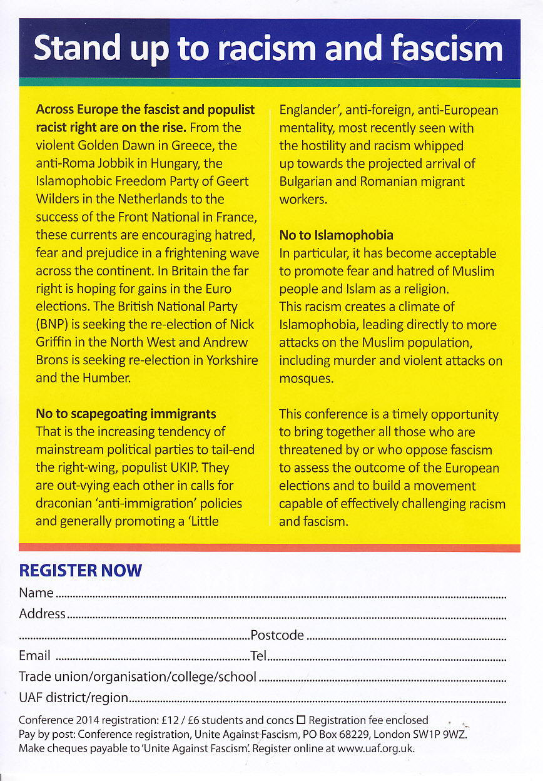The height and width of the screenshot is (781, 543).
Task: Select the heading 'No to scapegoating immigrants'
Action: [x=126, y=414]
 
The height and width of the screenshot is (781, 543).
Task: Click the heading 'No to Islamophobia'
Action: [x=336, y=235]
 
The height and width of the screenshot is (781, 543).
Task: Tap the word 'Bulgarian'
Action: [x=309, y=182]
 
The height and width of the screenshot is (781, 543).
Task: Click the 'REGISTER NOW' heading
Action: [x=81, y=570]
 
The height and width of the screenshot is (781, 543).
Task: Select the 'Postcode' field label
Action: [x=277, y=635]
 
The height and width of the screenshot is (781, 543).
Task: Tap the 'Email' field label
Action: [x=34, y=655]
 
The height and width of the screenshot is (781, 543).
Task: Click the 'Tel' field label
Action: [x=258, y=655]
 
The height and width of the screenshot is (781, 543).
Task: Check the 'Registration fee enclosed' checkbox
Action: [x=300, y=720]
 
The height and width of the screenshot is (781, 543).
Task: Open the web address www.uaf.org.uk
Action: [x=376, y=748]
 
